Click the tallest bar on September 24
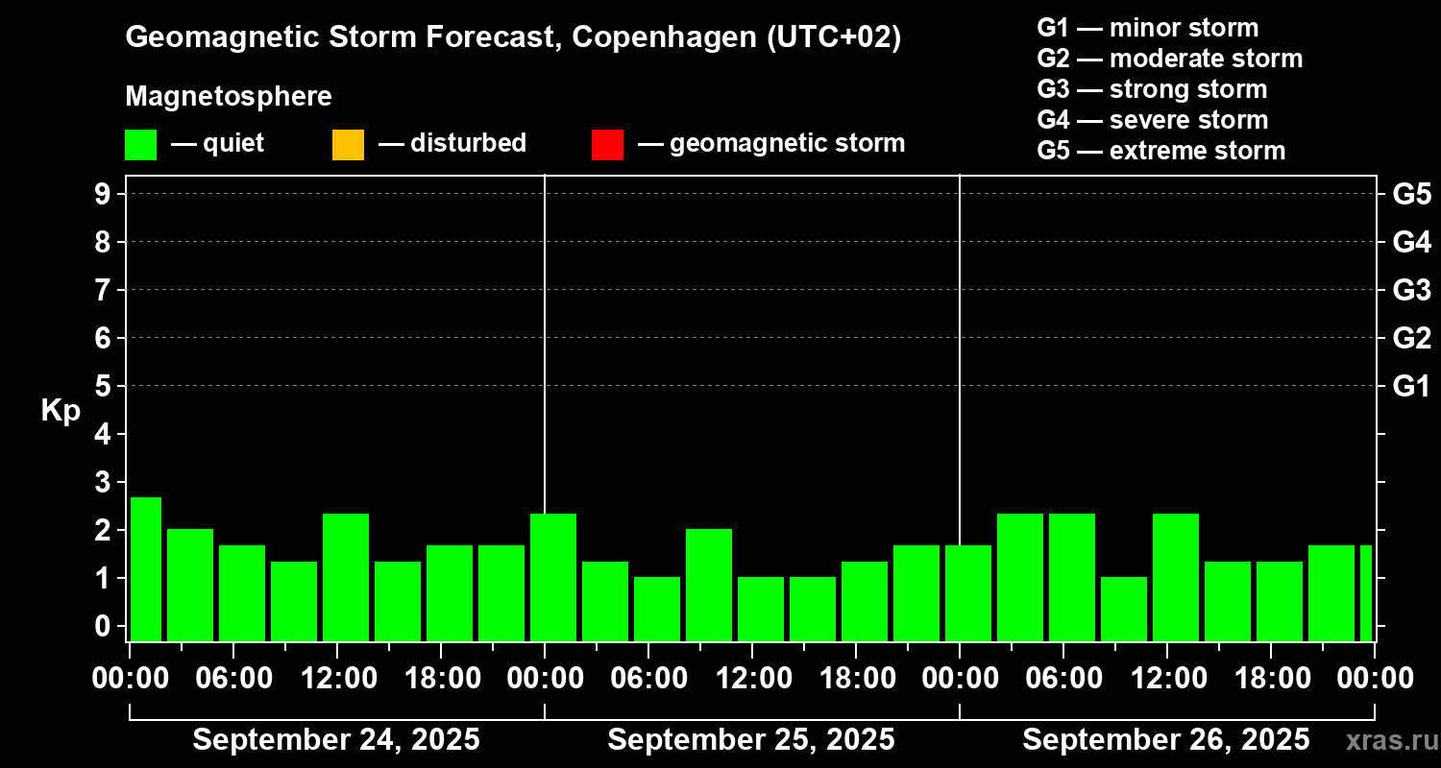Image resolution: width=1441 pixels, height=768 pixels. click(x=146, y=568)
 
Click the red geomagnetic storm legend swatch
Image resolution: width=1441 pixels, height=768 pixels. click(x=607, y=145)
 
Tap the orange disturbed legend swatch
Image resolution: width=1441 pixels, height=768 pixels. click(x=348, y=145)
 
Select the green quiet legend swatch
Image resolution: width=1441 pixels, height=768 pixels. click(x=140, y=145)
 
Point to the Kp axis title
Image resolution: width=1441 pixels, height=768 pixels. click(x=61, y=411)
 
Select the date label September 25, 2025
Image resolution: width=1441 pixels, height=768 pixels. click(x=751, y=740)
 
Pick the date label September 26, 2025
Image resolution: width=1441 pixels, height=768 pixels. click(x=1165, y=740)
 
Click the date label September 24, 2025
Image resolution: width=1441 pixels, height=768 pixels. click(x=336, y=740)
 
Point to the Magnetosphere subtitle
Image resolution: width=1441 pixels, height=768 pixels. click(x=229, y=97)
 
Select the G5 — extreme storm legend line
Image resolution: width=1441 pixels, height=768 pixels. click(x=1160, y=151)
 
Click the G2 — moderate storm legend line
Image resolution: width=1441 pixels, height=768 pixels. click(x=1169, y=59)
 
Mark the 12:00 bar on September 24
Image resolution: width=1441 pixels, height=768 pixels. click(x=346, y=577)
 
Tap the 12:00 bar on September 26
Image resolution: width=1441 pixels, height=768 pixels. click(x=1176, y=577)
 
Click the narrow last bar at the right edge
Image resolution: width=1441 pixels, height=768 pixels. click(x=1365, y=592)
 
